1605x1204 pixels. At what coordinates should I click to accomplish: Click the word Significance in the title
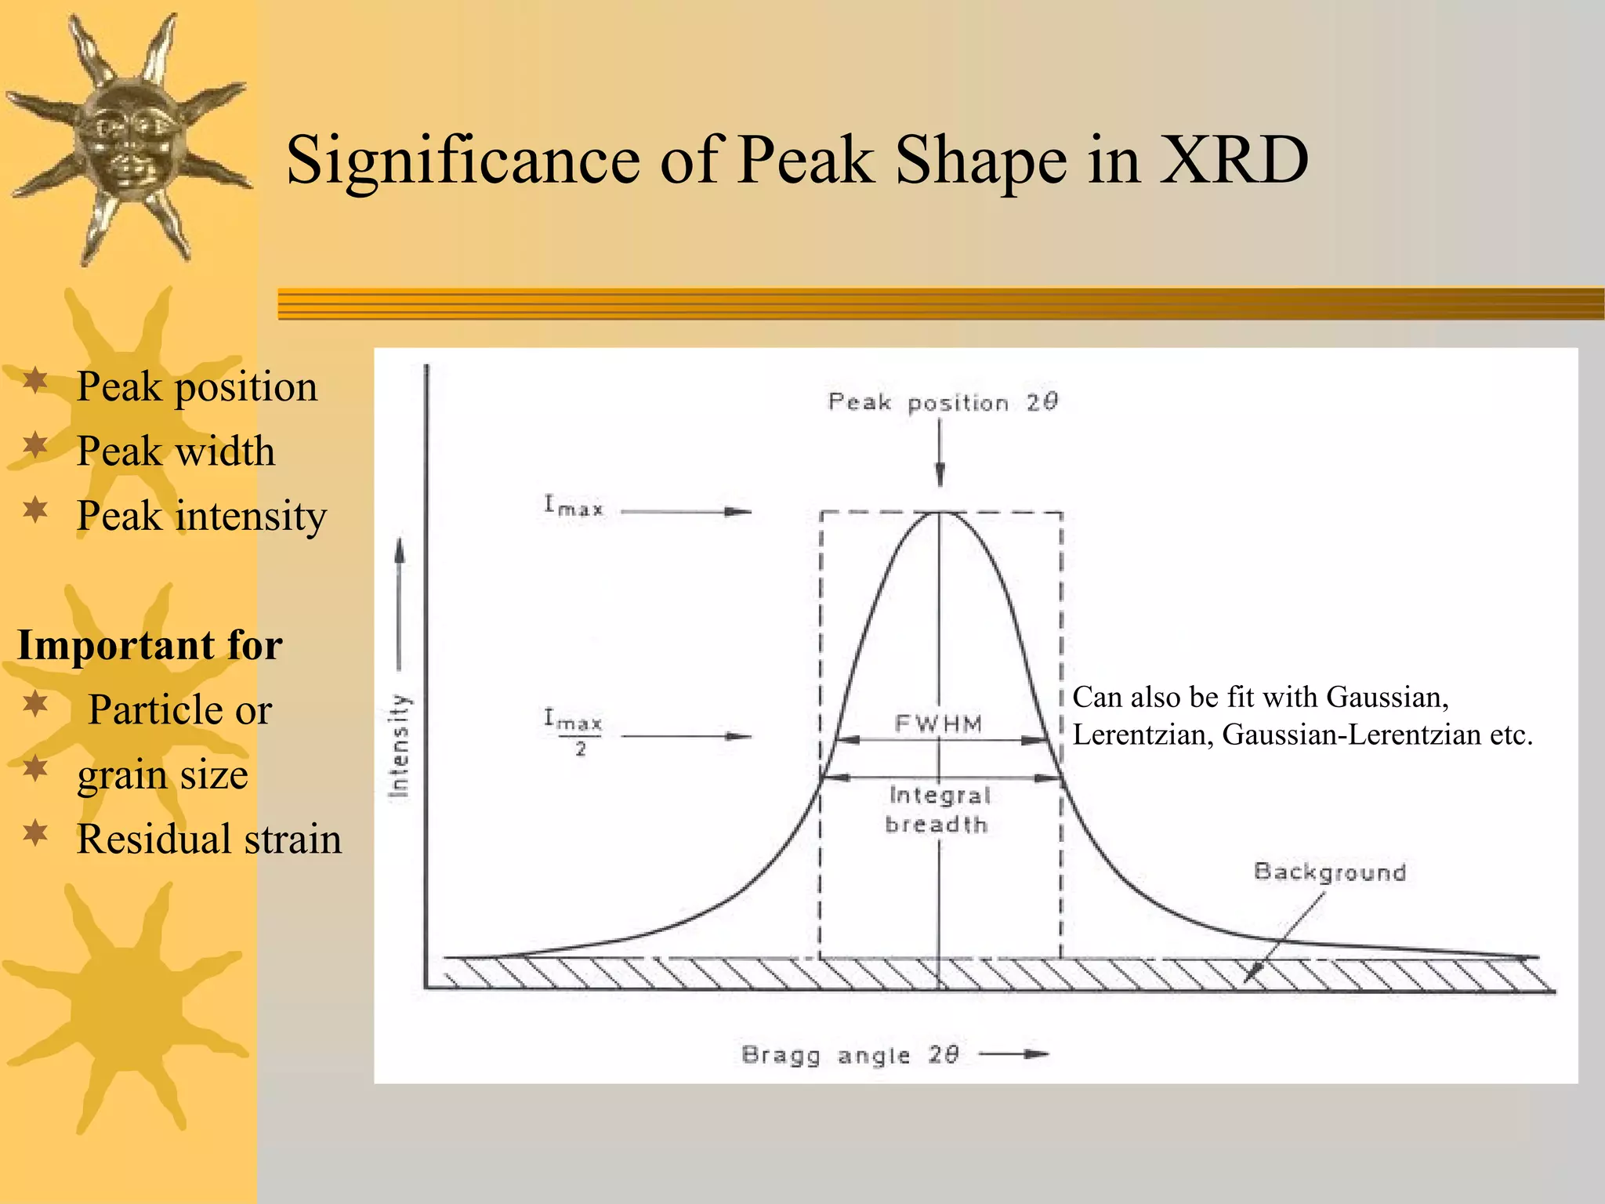tap(463, 161)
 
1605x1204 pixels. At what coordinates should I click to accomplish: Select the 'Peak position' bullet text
tap(197, 387)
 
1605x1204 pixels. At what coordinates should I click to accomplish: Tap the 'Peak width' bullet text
tap(176, 452)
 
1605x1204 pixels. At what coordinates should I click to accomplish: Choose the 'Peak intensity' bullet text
tap(201, 517)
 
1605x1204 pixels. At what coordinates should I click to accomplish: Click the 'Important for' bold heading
tap(150, 646)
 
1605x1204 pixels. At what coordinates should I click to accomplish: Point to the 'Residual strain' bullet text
tap(209, 840)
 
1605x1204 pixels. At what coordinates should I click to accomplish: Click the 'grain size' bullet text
tap(162, 775)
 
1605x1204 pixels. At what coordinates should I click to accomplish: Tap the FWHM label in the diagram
tap(938, 723)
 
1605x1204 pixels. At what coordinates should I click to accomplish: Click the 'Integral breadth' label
tap(938, 810)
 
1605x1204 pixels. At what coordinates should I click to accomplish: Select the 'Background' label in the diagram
tap(1330, 872)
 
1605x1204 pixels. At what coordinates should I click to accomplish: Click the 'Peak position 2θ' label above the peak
tap(943, 403)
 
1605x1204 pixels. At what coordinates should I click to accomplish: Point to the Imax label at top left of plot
tap(574, 506)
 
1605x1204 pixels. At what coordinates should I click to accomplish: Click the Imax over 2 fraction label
tap(574, 731)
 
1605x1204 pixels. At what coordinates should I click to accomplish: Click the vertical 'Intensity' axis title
tap(400, 746)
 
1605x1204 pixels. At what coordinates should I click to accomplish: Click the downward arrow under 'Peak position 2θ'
tap(940, 455)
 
